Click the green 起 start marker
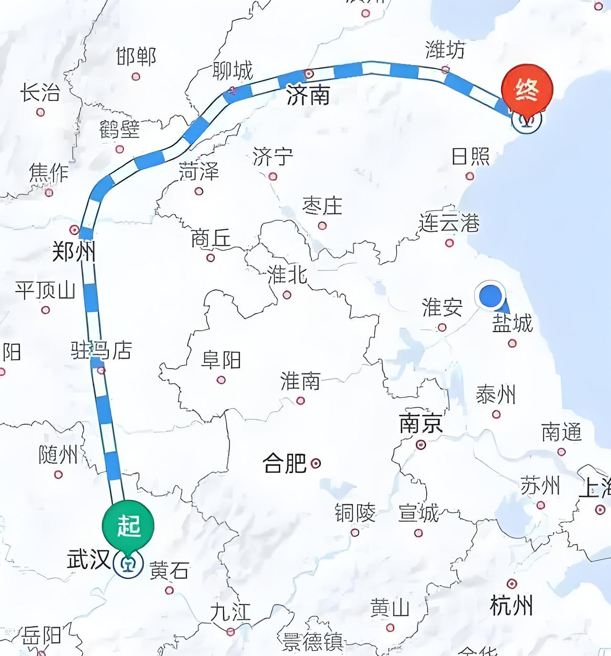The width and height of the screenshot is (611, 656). tap(128, 526)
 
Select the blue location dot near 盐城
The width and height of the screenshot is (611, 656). tap(490, 295)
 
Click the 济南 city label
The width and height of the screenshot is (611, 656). tap(308, 96)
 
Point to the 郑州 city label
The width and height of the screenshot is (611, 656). tap(73, 251)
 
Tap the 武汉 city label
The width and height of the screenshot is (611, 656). tap(89, 559)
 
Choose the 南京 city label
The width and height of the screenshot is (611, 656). tap(421, 423)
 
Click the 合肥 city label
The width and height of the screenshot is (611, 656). tap(284, 463)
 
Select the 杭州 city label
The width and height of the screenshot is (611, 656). tap(511, 605)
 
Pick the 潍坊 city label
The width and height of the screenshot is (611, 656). tap(445, 50)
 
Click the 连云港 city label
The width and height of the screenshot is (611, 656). tap(449, 223)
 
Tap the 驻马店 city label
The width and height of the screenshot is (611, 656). tap(101, 351)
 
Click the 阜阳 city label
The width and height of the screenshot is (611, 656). tap(221, 360)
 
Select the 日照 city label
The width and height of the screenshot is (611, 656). tap(471, 157)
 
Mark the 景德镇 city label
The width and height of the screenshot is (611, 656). tap(313, 642)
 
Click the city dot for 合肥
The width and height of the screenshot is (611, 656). tap(316, 463)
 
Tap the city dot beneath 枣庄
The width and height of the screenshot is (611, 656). tap(322, 225)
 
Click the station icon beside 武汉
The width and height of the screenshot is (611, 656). tap(128, 564)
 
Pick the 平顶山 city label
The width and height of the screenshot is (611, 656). tap(45, 290)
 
